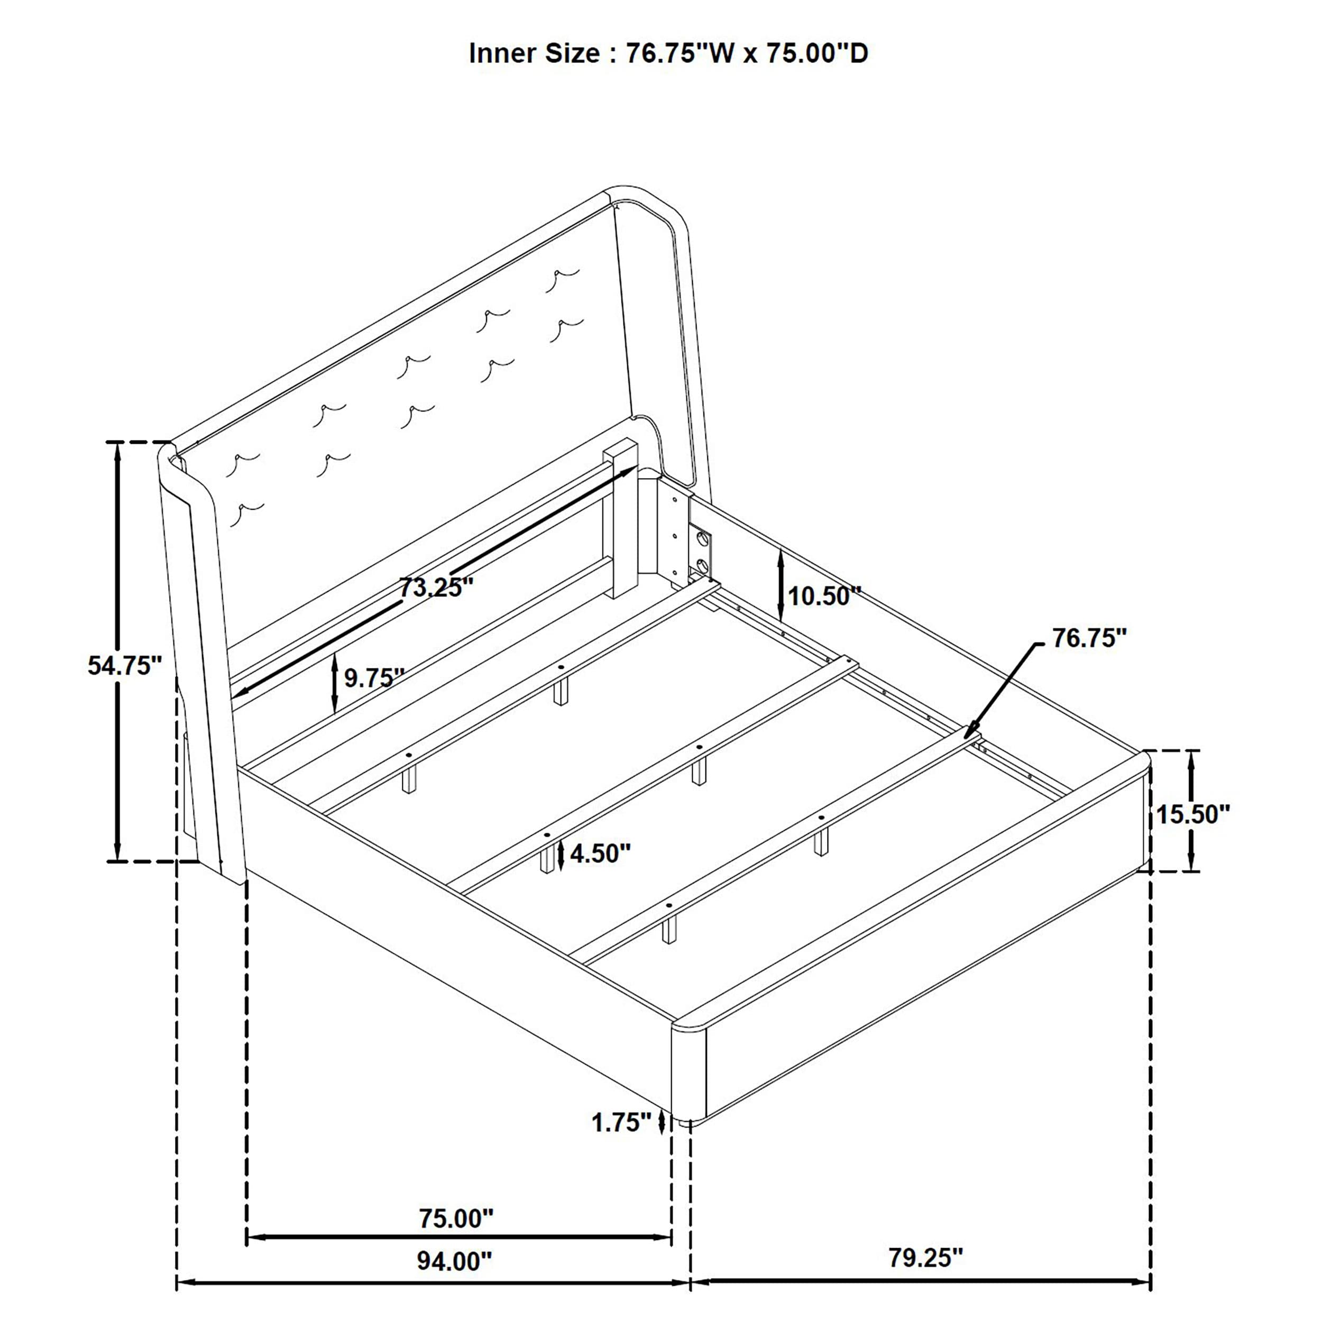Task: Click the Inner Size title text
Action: (668, 53)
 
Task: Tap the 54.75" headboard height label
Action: (125, 665)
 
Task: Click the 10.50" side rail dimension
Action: (823, 596)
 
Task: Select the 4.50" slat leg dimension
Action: (600, 853)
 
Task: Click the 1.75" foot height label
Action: (621, 1122)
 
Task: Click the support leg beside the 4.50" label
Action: (545, 860)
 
